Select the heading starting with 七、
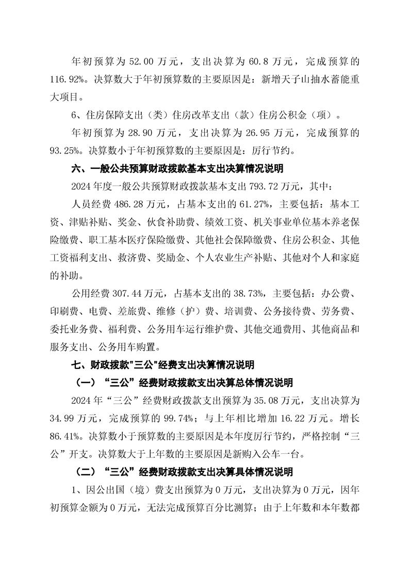click(x=163, y=365)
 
